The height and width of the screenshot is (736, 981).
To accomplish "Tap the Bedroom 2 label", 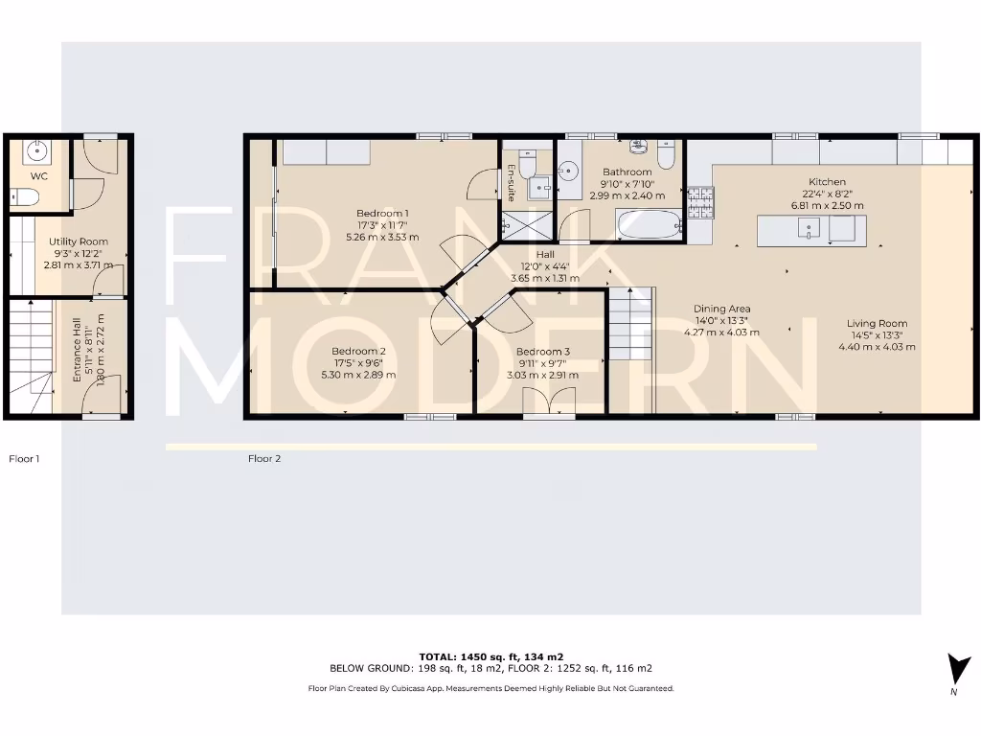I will pyautogui.click(x=358, y=351).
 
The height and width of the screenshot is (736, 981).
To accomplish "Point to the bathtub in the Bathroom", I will pyautogui.click(x=649, y=225).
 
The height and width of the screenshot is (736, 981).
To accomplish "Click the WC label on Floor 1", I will pyautogui.click(x=39, y=176).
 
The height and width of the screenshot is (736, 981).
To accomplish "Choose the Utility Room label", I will pyautogui.click(x=79, y=241).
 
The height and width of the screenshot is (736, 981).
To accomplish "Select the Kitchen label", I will pyautogui.click(x=827, y=182).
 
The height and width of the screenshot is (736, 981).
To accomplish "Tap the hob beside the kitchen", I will pyautogui.click(x=699, y=200).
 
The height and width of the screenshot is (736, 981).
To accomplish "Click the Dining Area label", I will pyautogui.click(x=721, y=309).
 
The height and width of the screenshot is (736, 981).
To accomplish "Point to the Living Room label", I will pyautogui.click(x=877, y=323).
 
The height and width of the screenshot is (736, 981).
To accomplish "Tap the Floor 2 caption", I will pyautogui.click(x=264, y=459).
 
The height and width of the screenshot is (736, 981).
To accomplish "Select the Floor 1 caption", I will pyautogui.click(x=25, y=459).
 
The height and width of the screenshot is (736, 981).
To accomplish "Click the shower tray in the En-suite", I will pyautogui.click(x=528, y=225).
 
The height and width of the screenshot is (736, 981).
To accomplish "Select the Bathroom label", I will pyautogui.click(x=627, y=172).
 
